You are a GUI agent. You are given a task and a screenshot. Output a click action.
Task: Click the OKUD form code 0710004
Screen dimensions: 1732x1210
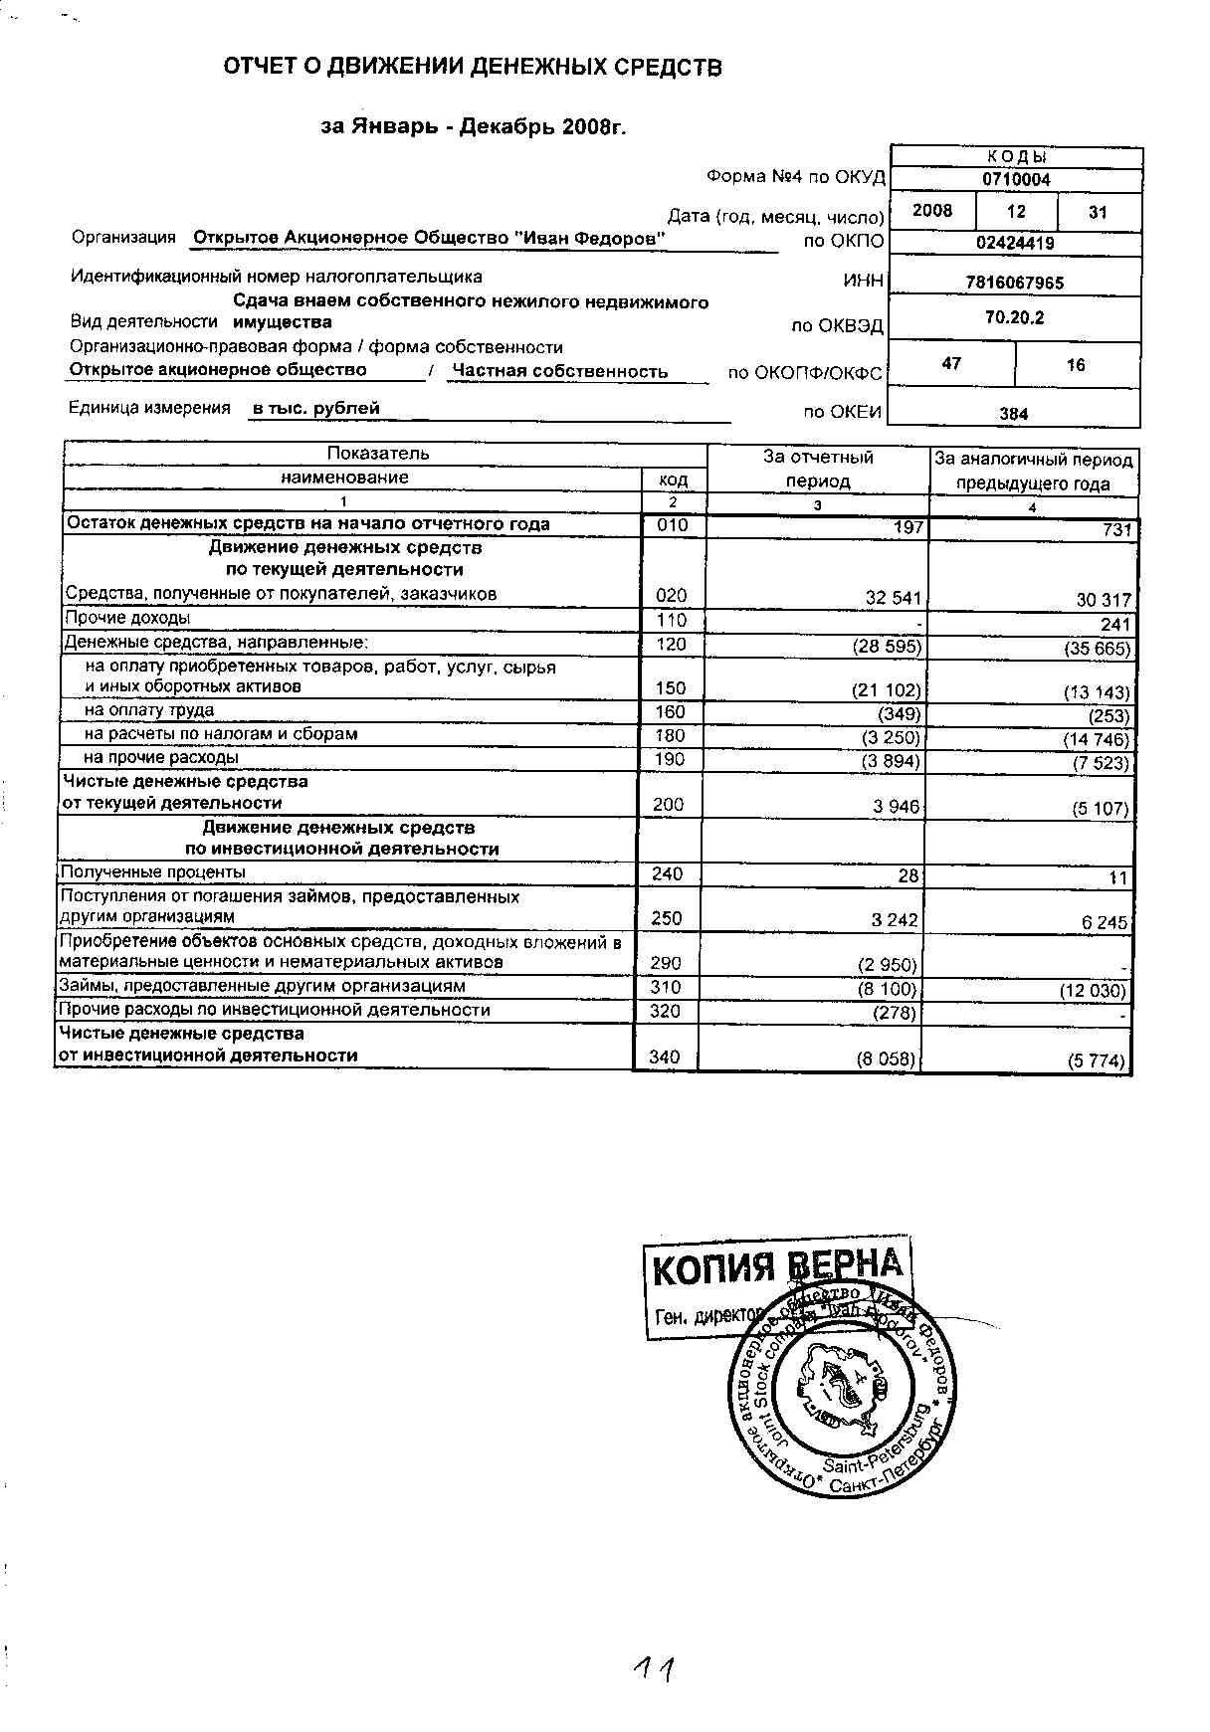pyautogui.click(x=1016, y=180)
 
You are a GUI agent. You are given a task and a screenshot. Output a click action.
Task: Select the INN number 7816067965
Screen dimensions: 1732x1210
pyautogui.click(x=1014, y=283)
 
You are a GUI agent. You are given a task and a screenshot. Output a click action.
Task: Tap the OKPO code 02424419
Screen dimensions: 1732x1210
pyautogui.click(x=1015, y=243)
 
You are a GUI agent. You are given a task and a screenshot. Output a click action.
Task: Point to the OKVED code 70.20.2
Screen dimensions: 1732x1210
pyautogui.click(x=1014, y=318)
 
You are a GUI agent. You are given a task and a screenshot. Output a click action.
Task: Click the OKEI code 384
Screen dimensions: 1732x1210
pyautogui.click(x=1013, y=414)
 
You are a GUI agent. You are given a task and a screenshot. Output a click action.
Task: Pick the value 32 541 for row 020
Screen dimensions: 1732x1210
pyautogui.click(x=894, y=599)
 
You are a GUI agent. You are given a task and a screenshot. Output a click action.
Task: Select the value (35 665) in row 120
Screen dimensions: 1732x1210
pyautogui.click(x=1097, y=649)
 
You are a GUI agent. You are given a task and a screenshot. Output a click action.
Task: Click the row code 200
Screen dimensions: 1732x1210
pyautogui.click(x=668, y=805)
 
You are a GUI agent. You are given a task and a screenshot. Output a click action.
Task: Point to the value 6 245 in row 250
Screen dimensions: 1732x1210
pyautogui.click(x=1105, y=922)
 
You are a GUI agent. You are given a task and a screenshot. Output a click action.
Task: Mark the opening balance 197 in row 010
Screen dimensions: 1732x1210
pyautogui.click(x=908, y=527)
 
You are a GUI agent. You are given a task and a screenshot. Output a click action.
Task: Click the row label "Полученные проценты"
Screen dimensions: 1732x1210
pyautogui.click(x=153, y=872)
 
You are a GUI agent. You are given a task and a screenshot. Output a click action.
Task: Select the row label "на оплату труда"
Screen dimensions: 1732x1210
pyautogui.click(x=148, y=710)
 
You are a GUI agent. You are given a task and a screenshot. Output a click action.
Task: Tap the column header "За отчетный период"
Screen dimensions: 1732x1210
pyautogui.click(x=818, y=470)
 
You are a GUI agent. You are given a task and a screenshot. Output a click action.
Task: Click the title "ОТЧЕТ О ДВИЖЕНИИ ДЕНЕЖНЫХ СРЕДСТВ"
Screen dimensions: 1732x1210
pyautogui.click(x=472, y=68)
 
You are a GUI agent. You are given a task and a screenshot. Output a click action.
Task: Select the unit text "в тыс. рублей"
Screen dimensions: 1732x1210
pyautogui.click(x=315, y=408)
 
